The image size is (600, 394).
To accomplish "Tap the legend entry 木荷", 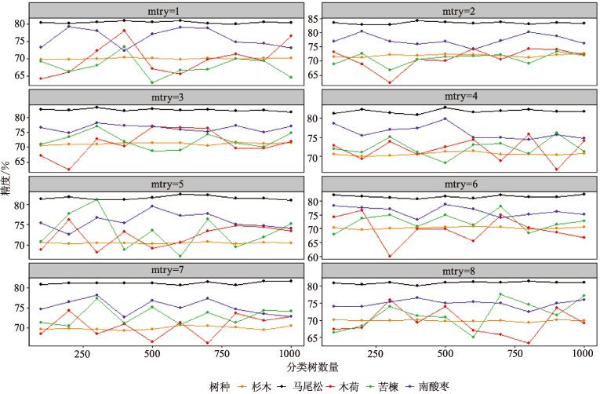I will [x=357, y=385].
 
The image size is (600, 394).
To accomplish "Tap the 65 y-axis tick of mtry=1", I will [x=19, y=75].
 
